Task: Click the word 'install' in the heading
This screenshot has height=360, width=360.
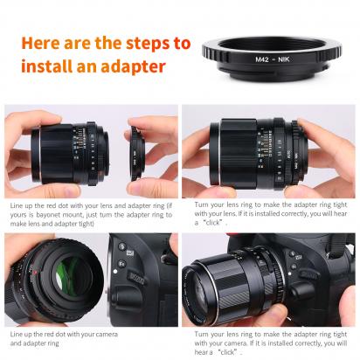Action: click(x=45, y=66)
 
